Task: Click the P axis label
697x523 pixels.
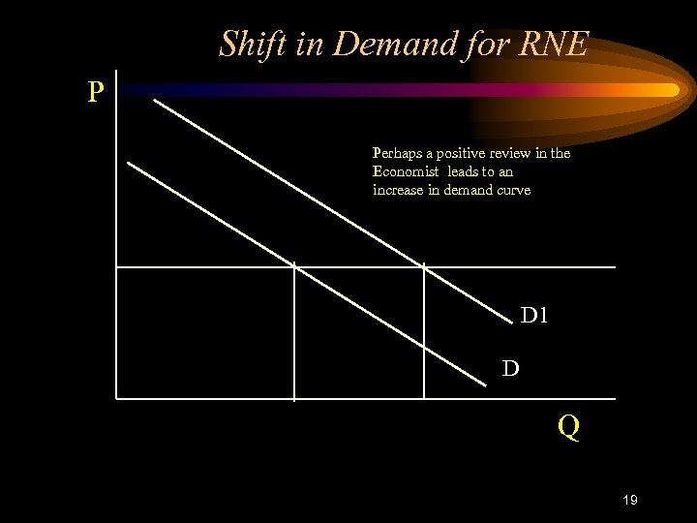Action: pos(95,93)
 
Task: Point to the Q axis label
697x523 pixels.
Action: pos(568,427)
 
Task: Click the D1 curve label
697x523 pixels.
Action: pos(535,315)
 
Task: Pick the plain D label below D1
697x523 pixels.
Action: pos(510,368)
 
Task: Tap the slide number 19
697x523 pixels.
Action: pos(629,500)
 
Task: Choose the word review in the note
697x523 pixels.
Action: pos(519,153)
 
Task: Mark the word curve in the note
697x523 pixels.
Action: pos(513,190)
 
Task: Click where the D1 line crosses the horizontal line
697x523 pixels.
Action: pos(423,266)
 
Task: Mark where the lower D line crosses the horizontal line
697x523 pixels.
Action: pos(293,266)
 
